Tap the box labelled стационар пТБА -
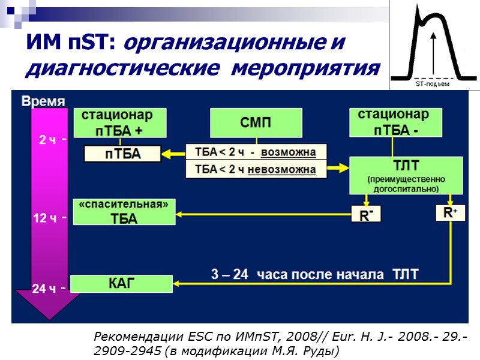(x=393, y=122)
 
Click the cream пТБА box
(x=123, y=154)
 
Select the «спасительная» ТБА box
(x=125, y=212)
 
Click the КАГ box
(x=122, y=283)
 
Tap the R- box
(x=365, y=214)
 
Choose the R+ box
(x=450, y=213)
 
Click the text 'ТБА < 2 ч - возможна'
(x=256, y=151)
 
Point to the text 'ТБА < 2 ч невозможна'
(x=256, y=169)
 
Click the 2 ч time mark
(x=47, y=140)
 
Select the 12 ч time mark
(x=45, y=218)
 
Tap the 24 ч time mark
(x=45, y=289)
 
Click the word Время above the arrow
(x=44, y=101)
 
